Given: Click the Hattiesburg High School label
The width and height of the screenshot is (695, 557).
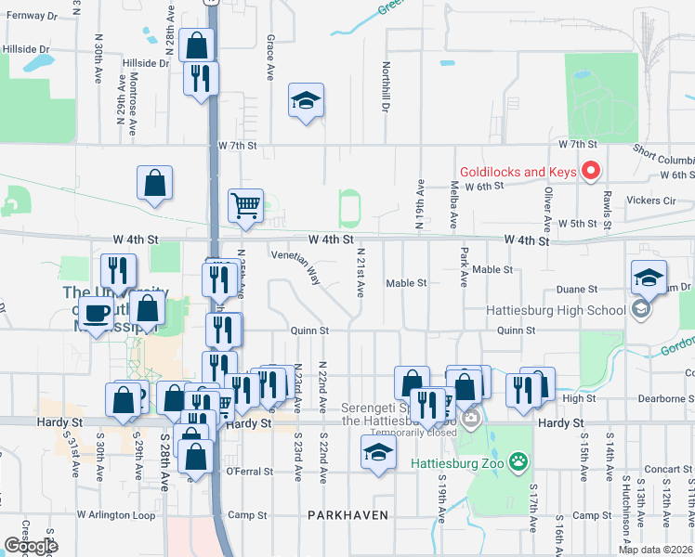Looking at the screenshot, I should [557, 311].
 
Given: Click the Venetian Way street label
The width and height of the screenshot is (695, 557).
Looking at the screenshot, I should [295, 266].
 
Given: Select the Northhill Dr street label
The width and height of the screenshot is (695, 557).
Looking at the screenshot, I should [385, 87].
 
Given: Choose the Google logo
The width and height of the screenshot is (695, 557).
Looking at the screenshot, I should [31, 546].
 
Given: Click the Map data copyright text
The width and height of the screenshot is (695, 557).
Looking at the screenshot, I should [655, 550].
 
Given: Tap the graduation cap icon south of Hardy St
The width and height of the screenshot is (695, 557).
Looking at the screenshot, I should [377, 452].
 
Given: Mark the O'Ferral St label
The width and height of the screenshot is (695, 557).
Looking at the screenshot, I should [249, 472].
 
